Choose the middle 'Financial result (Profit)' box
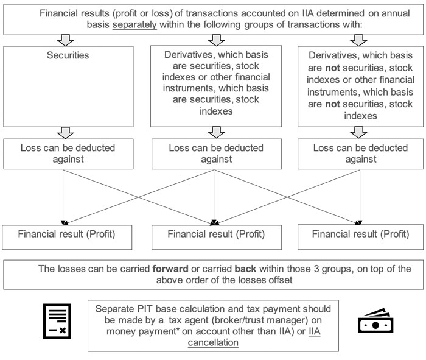tap(213, 234)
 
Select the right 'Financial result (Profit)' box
tap(360, 234)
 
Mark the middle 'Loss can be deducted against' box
tap(213, 153)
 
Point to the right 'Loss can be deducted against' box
tap(360, 153)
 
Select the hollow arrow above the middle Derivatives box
tap(213, 40)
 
